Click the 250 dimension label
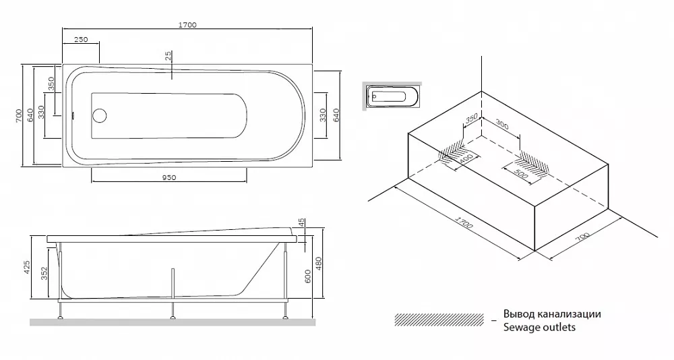click(80, 39)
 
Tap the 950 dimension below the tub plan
click(169, 177)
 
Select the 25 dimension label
click(168, 55)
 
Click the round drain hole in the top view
click(99, 115)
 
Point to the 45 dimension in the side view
click(301, 222)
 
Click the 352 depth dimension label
click(44, 274)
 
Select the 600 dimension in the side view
click(307, 276)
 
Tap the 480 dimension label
click(319, 264)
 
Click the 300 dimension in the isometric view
click(501, 125)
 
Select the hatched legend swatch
click(439, 320)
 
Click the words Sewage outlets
click(539, 328)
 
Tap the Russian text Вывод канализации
click(553, 313)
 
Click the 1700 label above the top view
click(187, 25)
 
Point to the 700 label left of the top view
click(18, 115)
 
